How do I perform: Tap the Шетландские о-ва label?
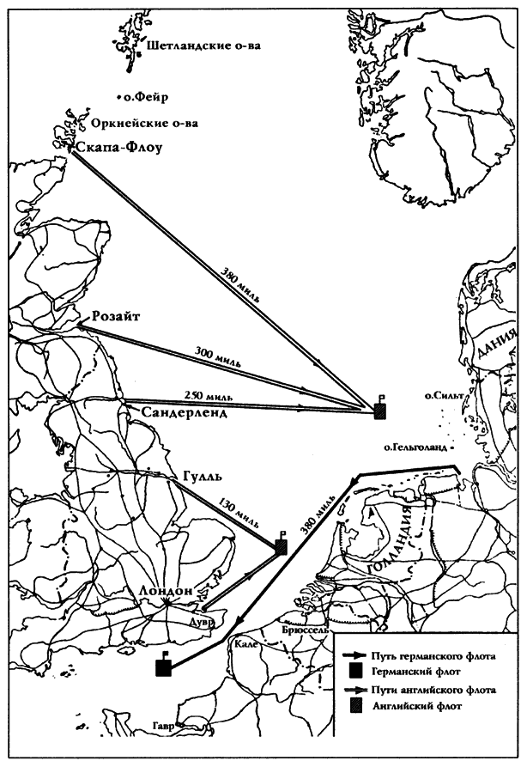[203, 46]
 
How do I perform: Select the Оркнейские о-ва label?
[145, 124]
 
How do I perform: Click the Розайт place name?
[116, 316]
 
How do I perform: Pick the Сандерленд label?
[185, 413]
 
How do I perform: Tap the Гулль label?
[203, 476]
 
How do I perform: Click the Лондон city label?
[166, 591]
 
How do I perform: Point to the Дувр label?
[203, 624]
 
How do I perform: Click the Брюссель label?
[305, 630]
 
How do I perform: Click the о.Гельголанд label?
[416, 447]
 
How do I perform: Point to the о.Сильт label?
[444, 395]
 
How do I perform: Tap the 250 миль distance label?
[209, 395]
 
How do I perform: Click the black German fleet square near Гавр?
[163, 667]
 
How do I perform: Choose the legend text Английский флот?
[416, 706]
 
